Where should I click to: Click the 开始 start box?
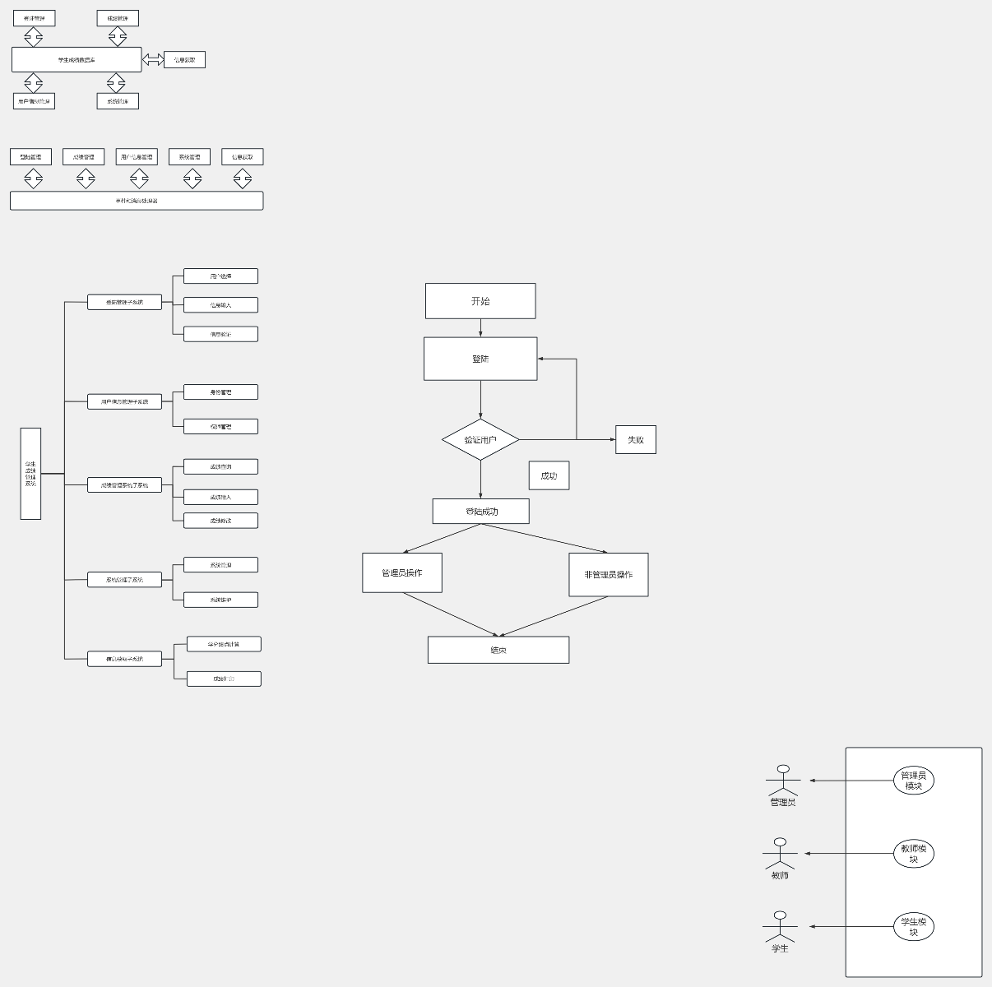click(x=480, y=301)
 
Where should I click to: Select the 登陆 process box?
click(x=480, y=359)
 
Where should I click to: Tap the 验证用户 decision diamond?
click(x=480, y=440)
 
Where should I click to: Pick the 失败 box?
click(x=636, y=440)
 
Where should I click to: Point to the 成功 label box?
click(x=549, y=475)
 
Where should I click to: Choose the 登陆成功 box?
click(x=481, y=512)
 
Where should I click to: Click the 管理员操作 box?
click(x=402, y=572)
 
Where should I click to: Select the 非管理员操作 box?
click(x=609, y=574)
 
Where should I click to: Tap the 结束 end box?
click(x=498, y=650)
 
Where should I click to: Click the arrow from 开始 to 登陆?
click(x=480, y=328)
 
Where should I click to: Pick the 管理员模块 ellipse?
click(x=913, y=781)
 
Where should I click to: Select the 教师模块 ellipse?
click(x=913, y=854)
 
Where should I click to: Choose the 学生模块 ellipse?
click(x=913, y=927)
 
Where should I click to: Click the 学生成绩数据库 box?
click(x=76, y=60)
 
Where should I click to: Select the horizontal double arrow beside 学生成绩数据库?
click(x=153, y=60)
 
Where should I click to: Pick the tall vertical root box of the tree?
click(x=30, y=474)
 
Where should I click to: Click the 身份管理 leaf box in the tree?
click(x=220, y=392)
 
